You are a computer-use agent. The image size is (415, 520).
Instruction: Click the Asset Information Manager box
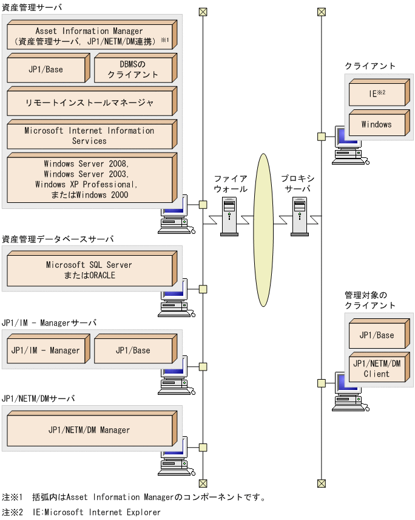89,36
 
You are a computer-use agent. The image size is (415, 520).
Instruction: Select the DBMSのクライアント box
133,69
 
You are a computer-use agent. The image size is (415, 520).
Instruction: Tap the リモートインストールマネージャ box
89,103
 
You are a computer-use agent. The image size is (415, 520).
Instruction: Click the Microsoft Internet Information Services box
89,135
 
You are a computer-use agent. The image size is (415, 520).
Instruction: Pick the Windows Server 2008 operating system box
89,179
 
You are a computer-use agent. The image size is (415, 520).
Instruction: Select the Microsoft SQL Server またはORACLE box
89,270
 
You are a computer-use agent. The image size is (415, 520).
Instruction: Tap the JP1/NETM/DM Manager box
89,430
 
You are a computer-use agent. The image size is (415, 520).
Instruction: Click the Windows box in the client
377,125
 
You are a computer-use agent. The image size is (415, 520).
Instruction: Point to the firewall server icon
229,216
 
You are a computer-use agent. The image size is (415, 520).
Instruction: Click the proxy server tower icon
300,216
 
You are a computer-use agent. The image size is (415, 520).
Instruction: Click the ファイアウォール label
231,183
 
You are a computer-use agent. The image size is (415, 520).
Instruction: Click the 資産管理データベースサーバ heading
57,239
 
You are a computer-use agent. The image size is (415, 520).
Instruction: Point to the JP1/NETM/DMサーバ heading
38,399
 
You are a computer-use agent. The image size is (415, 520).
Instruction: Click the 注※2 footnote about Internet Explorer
81,512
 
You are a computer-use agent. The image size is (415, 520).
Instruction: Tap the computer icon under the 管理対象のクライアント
345,394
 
